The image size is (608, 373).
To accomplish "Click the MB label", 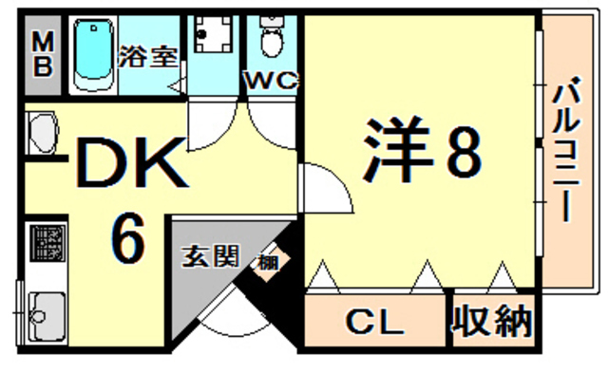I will click(44, 57).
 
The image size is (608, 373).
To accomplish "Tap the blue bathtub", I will click(93, 54).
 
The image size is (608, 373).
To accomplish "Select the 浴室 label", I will click(148, 56).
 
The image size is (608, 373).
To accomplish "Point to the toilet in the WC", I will click(271, 38).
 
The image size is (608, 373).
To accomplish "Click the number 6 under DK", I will click(129, 238).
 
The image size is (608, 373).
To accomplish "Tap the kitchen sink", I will click(45, 311).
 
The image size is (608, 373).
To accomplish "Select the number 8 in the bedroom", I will click(463, 152).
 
